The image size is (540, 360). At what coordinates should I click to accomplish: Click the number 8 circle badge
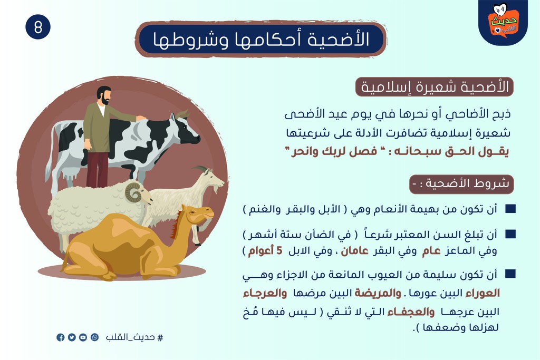(38, 27)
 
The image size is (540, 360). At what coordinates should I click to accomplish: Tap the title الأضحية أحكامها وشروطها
(261, 39)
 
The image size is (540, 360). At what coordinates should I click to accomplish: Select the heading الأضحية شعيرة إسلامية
(435, 87)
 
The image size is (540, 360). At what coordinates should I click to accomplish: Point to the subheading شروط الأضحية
(461, 183)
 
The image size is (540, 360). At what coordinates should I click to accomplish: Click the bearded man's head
(104, 96)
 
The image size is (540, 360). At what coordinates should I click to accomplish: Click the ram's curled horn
(133, 192)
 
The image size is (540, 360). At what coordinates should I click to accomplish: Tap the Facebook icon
(61, 337)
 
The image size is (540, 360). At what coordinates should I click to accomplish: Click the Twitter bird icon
(72, 337)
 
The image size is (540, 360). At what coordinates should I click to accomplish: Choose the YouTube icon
(83, 337)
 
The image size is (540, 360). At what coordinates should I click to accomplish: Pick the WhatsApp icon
(94, 337)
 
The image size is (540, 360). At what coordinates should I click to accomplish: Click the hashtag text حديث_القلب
(134, 337)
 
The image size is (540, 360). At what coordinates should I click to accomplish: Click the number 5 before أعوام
(279, 250)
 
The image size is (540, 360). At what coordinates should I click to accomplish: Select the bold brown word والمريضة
(378, 293)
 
